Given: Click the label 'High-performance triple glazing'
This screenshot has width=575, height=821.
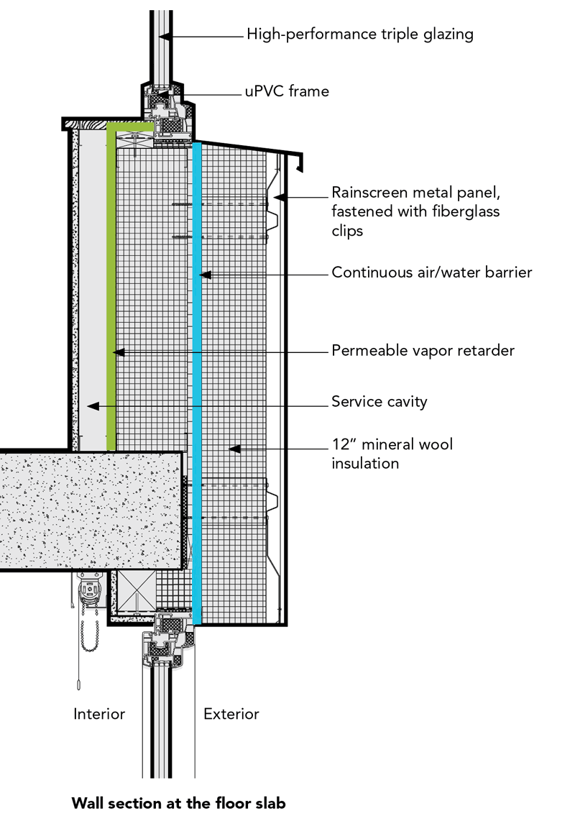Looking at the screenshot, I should tap(359, 34).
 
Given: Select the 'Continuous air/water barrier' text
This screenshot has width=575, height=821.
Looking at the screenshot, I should tap(431, 273).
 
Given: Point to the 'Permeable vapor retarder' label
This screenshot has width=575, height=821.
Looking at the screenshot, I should tap(423, 352).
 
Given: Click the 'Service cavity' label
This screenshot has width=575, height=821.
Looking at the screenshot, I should tap(379, 401).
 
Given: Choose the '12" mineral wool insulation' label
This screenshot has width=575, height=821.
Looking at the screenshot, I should tap(392, 454).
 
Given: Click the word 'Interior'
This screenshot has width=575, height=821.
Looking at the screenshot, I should tap(99, 714).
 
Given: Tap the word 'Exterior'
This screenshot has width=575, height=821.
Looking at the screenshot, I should tap(231, 714).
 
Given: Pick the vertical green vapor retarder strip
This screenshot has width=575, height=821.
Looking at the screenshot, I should tap(111, 288).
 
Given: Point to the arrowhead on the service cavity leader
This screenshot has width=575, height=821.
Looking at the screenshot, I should tap(91, 406).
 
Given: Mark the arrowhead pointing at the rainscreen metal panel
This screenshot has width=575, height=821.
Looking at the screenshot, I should tap(282, 196).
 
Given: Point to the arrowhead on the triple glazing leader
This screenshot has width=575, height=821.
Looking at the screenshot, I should tap(163, 35).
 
